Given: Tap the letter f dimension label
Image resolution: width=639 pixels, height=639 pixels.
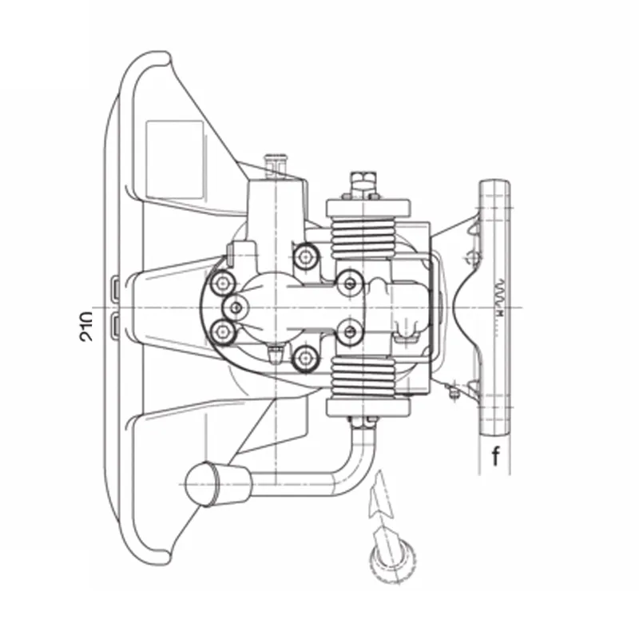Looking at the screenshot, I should tap(496, 457).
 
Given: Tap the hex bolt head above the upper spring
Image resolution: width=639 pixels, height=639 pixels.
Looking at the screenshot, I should tap(363, 181).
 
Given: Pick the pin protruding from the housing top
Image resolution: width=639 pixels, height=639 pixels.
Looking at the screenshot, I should tap(277, 162).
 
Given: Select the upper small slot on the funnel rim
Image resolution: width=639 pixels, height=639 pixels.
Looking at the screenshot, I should tap(115, 286).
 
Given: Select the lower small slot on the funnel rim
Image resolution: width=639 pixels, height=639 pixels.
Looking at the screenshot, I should tap(115, 323).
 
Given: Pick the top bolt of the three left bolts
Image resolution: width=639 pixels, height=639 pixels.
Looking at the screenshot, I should tap(222, 281).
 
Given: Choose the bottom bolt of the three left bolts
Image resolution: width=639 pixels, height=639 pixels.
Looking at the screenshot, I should tap(223, 331).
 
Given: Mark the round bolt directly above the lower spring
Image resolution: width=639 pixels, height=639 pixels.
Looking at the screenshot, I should tap(348, 331).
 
